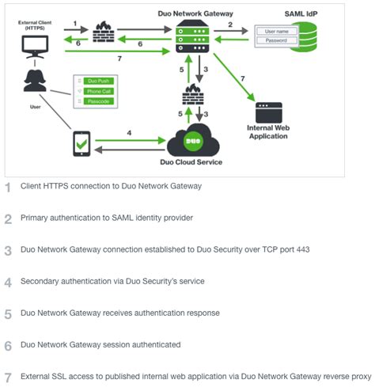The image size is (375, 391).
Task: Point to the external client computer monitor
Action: click(x=34, y=44)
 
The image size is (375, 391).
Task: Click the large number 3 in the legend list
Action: click(x=9, y=249)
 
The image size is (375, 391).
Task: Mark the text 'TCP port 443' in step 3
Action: click(x=281, y=249)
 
